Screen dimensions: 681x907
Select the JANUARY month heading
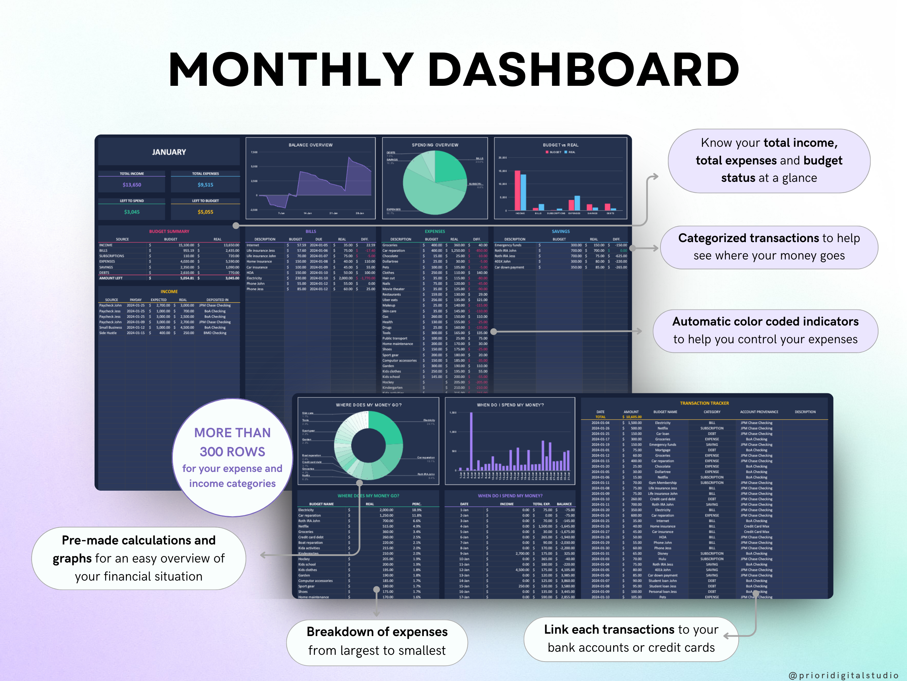(169, 152)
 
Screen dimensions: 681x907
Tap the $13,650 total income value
(132, 185)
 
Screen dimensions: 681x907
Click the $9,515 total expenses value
(205, 185)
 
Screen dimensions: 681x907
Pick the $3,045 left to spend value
(132, 212)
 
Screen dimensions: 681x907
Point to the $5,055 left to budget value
(205, 212)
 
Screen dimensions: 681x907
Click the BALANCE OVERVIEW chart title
(310, 145)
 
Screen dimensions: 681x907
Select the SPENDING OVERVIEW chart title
(435, 145)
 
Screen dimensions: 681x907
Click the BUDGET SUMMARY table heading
(169, 232)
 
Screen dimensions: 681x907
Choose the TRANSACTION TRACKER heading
(704, 403)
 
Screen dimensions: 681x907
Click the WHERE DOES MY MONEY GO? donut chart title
(369, 405)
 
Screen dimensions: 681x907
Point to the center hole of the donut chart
(368, 446)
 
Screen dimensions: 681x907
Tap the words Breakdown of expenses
(377, 632)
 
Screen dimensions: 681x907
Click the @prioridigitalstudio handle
(843, 675)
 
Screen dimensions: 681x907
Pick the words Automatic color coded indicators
(765, 321)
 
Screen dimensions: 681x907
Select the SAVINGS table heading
(560, 232)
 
